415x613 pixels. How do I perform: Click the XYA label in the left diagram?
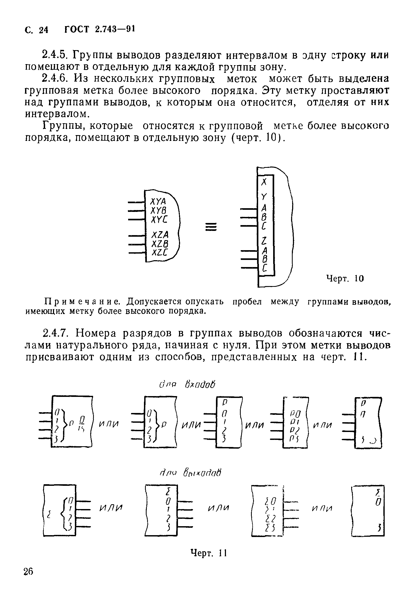pos(158,202)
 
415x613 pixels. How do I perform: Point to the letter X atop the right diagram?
pos(265,182)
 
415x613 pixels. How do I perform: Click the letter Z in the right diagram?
pos(264,241)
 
